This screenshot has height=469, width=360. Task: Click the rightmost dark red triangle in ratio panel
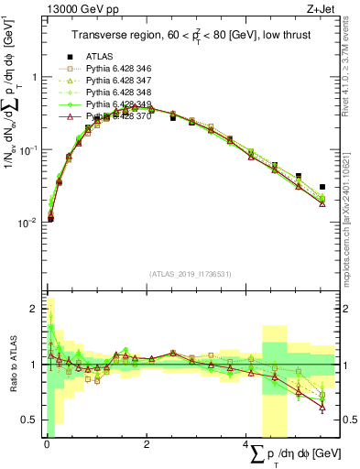pos(322,408)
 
